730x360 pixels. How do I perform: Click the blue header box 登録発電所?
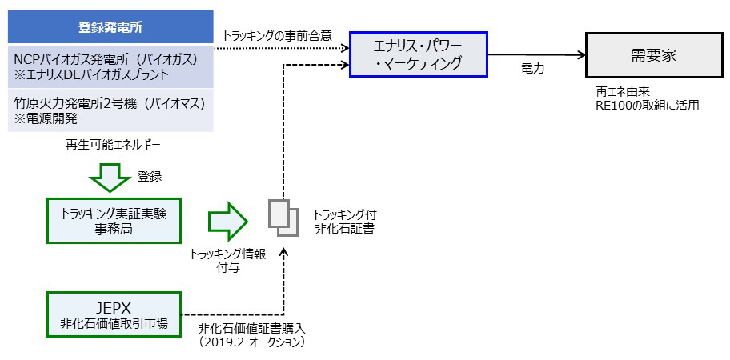pyautogui.click(x=110, y=27)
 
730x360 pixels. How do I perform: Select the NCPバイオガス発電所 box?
pyautogui.click(x=110, y=66)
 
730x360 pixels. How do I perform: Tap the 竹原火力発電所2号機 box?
pyautogui.click(x=110, y=110)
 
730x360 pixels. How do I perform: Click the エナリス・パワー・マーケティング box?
pyautogui.click(x=419, y=53)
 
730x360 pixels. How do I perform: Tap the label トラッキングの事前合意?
pyautogui.click(x=276, y=36)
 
